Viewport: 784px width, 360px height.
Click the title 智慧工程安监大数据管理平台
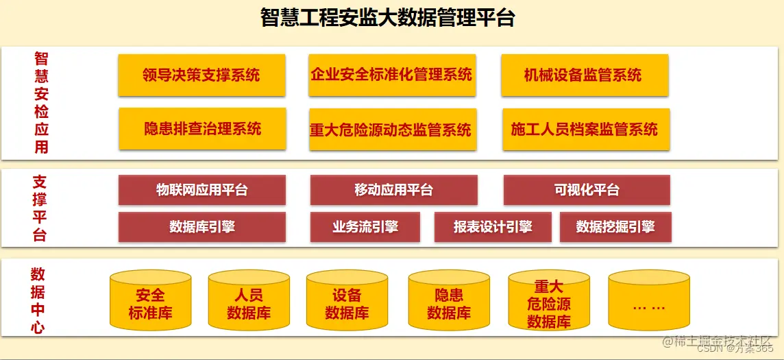[x=388, y=17]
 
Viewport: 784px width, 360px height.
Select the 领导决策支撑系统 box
[x=201, y=75]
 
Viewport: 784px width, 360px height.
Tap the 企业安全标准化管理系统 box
[x=391, y=75]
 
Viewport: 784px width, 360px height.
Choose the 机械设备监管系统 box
[x=584, y=75]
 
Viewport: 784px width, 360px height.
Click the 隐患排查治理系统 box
[x=201, y=128]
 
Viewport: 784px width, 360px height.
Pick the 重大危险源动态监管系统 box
[x=391, y=129]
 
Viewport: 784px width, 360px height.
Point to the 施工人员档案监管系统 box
[x=585, y=129]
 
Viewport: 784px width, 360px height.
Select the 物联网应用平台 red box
[x=201, y=190]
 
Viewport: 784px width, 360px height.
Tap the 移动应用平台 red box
[x=393, y=190]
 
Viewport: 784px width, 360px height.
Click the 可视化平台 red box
[x=587, y=190]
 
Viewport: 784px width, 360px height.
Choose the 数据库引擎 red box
[x=201, y=227]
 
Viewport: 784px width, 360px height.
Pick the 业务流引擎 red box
[x=365, y=227]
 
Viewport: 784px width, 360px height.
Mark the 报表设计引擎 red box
[x=492, y=227]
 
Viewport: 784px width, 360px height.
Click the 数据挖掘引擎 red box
[x=615, y=227]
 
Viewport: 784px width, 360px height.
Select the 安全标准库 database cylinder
[x=150, y=302]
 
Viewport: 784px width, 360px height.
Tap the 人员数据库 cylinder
[x=249, y=302]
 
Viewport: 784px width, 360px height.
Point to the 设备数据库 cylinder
[x=347, y=302]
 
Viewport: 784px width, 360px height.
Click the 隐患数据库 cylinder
[x=449, y=302]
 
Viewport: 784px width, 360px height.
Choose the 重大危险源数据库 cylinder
[x=549, y=302]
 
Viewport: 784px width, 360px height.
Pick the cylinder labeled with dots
[x=648, y=302]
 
